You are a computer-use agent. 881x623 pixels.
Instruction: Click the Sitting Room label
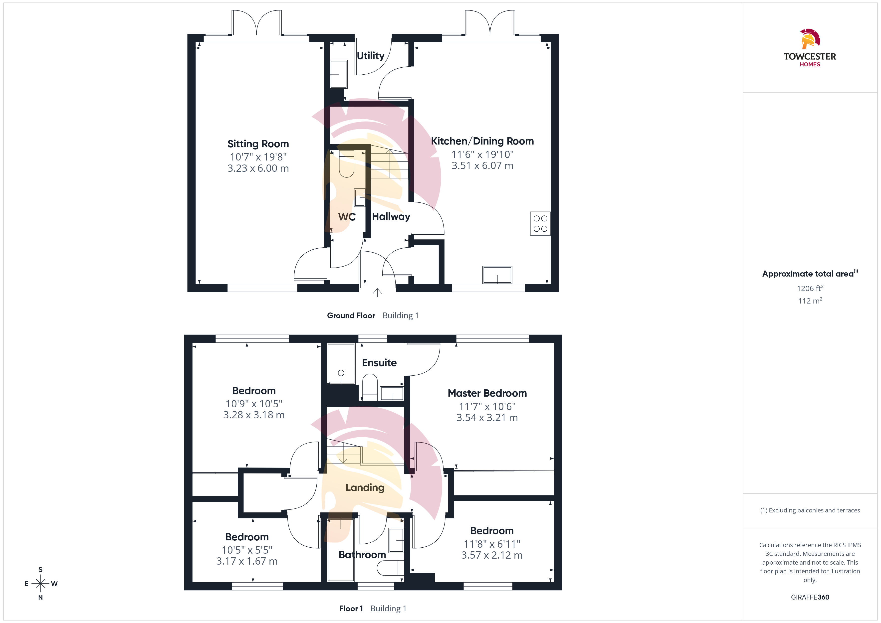(258, 144)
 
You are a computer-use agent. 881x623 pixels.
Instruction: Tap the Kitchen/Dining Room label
(482, 141)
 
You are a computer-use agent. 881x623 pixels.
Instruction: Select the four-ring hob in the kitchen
(540, 224)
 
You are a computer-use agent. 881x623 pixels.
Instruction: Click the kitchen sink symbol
(497, 275)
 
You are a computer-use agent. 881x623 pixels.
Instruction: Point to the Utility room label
(371, 56)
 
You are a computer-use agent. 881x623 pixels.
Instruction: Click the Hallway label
(391, 217)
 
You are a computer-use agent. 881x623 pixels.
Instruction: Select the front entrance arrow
(377, 293)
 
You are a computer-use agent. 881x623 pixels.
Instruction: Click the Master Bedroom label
(487, 393)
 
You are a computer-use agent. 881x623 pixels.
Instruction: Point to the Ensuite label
(379, 363)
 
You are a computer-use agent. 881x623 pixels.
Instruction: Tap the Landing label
(365, 487)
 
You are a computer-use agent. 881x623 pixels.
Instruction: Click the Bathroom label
(362, 555)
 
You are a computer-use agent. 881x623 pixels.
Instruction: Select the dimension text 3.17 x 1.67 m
(247, 561)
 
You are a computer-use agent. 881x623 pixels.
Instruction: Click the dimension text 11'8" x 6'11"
(492, 544)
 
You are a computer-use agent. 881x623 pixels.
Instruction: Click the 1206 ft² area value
(810, 288)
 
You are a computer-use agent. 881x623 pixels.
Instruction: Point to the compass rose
(40, 584)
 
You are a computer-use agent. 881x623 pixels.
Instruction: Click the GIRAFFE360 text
(810, 597)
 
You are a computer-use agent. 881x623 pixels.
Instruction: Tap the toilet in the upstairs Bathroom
(390, 568)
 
